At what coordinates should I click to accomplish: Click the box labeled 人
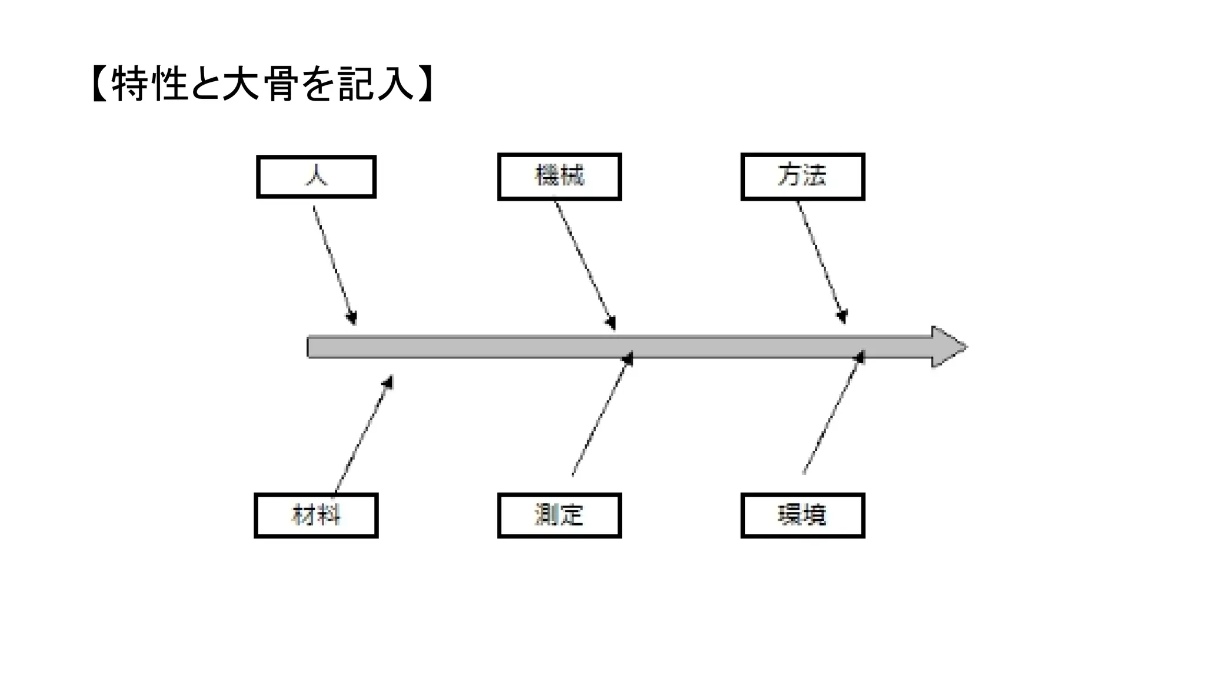coord(316,177)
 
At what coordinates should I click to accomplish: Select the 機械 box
coord(559,177)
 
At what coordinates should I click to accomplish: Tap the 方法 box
coord(803,177)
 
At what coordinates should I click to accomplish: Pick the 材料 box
coord(316,516)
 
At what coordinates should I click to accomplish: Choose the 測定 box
coord(559,516)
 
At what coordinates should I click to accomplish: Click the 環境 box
coord(803,516)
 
